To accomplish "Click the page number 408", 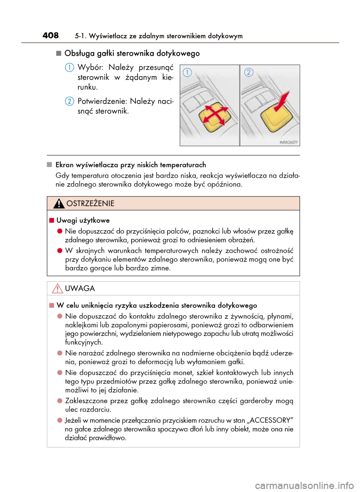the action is (x=51, y=35).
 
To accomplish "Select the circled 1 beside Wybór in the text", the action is (x=69, y=68).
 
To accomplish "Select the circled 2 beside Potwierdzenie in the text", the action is (x=69, y=102).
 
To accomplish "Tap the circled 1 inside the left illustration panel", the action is (x=187, y=72).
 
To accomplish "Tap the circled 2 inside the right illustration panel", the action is (x=249, y=72).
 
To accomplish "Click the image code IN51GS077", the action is (x=289, y=142).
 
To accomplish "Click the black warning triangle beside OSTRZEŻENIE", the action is (x=58, y=203).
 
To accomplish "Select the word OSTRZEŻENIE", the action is (x=90, y=203).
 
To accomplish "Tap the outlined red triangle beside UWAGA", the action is (x=57, y=289).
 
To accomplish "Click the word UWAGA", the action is (x=80, y=289).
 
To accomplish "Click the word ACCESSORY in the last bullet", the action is (x=270, y=420).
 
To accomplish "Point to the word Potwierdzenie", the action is (x=102, y=102).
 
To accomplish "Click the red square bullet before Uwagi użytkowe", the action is (x=52, y=220).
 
